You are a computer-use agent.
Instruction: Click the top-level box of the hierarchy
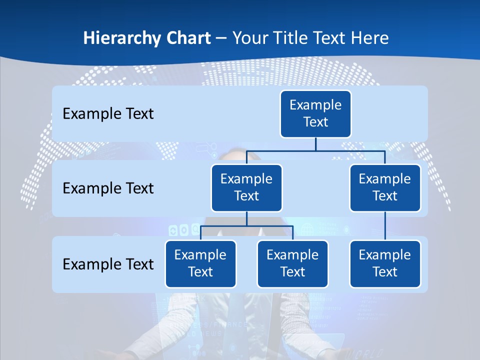pyautogui.click(x=315, y=114)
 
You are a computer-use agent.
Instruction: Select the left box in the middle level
pyautogui.click(x=246, y=188)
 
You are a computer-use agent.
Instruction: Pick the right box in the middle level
pyautogui.click(x=385, y=188)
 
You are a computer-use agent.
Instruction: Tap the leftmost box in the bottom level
pyautogui.click(x=200, y=264)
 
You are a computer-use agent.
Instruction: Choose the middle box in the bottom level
pyautogui.click(x=292, y=264)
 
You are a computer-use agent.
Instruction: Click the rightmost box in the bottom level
pyautogui.click(x=385, y=264)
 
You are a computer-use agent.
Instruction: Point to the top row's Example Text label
pyautogui.click(x=108, y=114)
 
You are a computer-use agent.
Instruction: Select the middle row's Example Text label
pyautogui.click(x=108, y=188)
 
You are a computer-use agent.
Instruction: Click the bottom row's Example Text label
pyautogui.click(x=108, y=264)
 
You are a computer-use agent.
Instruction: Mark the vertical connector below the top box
pyautogui.click(x=315, y=144)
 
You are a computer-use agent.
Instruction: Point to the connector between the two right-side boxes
pyautogui.click(x=385, y=226)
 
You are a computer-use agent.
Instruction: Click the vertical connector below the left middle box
pyautogui.click(x=246, y=219)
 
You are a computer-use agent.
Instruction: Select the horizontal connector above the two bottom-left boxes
pyautogui.click(x=225, y=226)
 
